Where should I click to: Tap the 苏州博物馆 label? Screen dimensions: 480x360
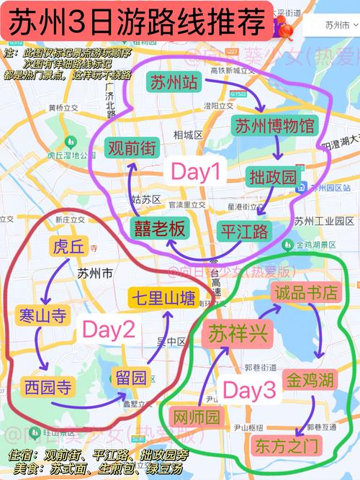[274, 125]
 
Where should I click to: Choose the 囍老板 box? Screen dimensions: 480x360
[159, 229]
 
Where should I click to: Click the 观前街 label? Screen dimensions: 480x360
[131, 149]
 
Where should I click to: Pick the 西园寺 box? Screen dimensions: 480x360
[48, 386]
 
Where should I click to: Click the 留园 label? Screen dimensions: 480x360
[133, 377]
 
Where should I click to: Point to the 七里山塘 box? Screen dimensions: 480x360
[163, 297]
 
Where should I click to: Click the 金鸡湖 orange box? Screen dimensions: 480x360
[312, 379]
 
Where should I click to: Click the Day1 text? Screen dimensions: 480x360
[194, 171]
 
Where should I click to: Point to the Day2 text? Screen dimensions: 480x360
[109, 330]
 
